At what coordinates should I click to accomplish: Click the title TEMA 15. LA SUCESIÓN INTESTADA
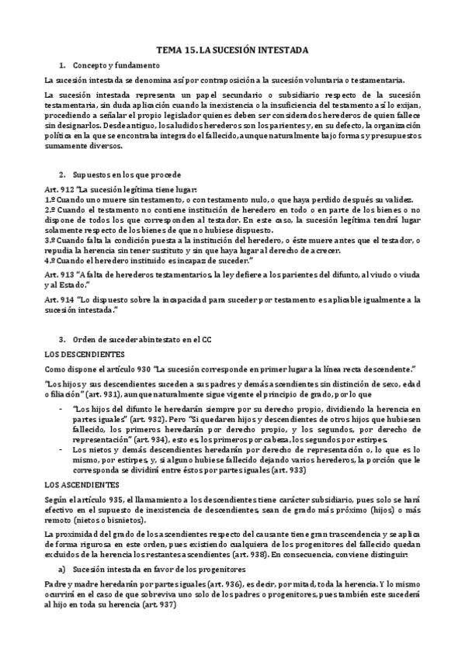232,50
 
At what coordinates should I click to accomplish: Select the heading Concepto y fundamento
116,65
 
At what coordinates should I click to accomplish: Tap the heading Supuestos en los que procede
127,175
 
